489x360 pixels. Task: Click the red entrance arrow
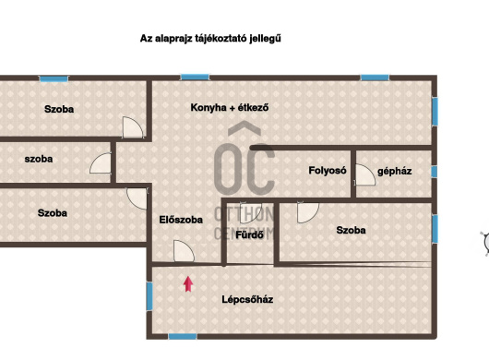tap(188, 284)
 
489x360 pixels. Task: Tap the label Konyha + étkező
tap(230, 108)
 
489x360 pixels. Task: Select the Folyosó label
tap(328, 171)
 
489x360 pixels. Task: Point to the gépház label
tap(395, 172)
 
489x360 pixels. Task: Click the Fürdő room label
tap(249, 234)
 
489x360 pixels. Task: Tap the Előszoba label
tap(181, 220)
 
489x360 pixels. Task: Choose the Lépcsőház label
tap(247, 299)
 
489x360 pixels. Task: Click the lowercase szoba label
tap(39, 159)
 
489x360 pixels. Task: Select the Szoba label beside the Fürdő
tap(352, 230)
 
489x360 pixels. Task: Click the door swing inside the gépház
tap(364, 174)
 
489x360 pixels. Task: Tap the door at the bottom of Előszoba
tap(184, 251)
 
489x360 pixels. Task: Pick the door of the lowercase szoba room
tap(101, 162)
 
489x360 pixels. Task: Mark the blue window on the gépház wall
tap(435, 172)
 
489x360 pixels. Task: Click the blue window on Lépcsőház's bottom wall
tap(183, 337)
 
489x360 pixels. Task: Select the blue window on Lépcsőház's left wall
tap(149, 296)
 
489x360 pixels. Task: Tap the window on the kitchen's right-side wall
tap(435, 112)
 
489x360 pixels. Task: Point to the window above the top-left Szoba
tap(54, 78)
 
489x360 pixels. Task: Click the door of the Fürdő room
tap(251, 212)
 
